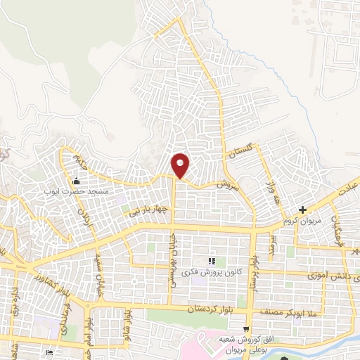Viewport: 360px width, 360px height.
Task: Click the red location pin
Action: point(181,165)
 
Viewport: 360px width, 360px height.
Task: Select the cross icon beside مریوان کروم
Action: point(302,210)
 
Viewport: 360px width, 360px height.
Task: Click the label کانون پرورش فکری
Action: point(211,271)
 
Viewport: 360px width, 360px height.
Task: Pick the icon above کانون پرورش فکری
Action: point(212,261)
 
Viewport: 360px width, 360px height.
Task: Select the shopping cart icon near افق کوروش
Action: point(245,328)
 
